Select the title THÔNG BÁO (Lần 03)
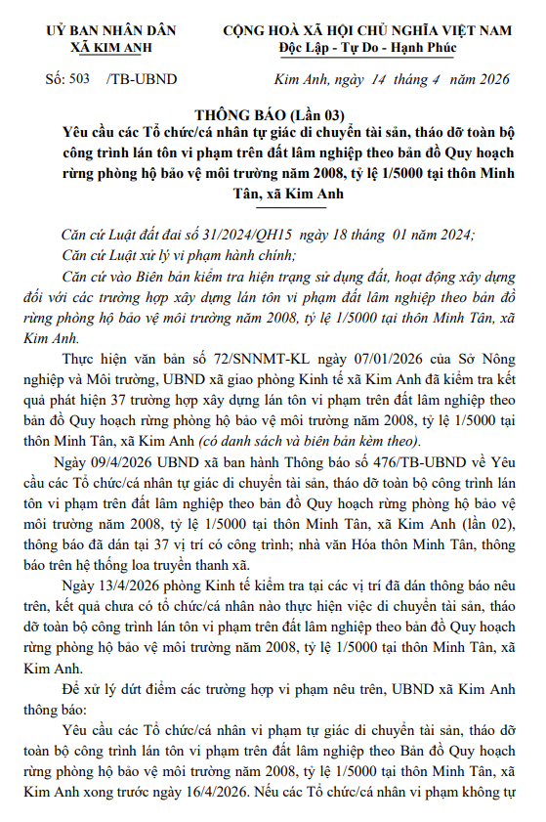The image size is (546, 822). (x=273, y=114)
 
